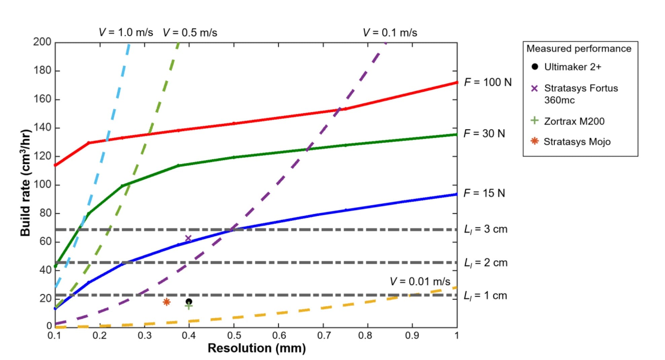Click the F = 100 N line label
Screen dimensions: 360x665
[487, 82]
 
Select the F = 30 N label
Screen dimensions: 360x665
[484, 133]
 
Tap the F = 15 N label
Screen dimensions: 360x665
[484, 193]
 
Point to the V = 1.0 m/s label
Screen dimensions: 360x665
[126, 33]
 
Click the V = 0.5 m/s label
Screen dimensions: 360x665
[190, 33]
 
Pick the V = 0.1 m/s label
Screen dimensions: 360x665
[390, 33]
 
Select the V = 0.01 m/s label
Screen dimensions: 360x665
[420, 281]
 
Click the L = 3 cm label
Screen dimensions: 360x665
[485, 229]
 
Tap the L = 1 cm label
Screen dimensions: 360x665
[485, 295]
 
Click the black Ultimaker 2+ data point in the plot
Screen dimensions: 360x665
[189, 302]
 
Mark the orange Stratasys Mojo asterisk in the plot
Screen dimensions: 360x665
[167, 302]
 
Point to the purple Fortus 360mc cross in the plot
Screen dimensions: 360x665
[188, 239]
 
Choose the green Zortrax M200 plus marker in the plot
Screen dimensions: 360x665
[189, 306]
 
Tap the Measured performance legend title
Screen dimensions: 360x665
[579, 49]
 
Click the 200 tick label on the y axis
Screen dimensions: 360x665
[42, 42]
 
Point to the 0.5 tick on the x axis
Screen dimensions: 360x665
[234, 335]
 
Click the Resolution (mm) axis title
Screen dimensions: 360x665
[257, 348]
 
